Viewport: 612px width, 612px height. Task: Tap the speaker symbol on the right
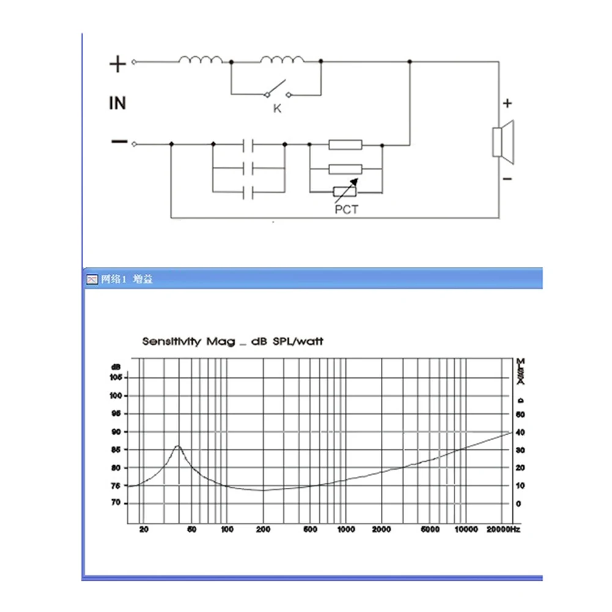504,142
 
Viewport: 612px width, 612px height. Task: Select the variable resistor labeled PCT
345,192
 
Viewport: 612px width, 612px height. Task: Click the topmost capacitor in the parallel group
248,145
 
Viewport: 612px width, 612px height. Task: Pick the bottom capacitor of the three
248,193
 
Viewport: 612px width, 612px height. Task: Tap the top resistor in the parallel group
345,145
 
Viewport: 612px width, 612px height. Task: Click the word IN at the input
117,103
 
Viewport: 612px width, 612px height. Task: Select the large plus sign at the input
117,64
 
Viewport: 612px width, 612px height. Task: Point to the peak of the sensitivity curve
178,446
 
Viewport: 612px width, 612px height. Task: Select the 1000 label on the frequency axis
346,529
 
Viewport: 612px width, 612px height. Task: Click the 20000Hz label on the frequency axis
504,529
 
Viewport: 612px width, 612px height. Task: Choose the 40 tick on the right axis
520,432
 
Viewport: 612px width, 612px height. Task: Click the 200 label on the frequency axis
264,529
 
